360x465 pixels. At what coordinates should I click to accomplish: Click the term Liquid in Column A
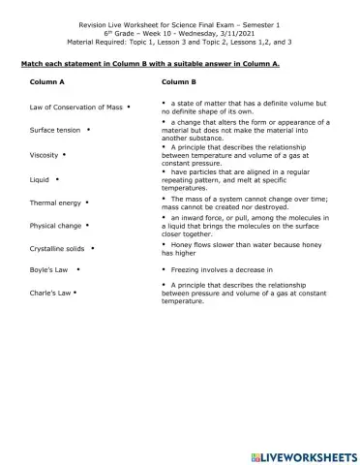40,179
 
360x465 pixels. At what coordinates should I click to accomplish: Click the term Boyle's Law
48,270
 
